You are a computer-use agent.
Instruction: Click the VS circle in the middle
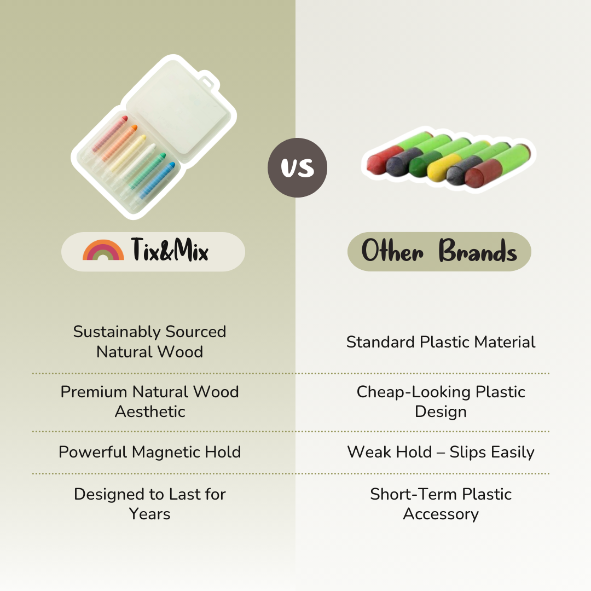pos(297,167)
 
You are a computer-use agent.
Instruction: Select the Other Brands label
pos(439,252)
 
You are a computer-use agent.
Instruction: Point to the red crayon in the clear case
pos(110,134)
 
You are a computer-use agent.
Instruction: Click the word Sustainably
pos(117,332)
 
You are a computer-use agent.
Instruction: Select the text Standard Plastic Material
pos(441,342)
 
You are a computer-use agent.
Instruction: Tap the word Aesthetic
pos(150,412)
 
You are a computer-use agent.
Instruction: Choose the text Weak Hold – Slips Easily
pos(441,452)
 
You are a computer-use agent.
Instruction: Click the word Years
pos(150,514)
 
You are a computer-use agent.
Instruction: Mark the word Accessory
pos(441,514)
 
